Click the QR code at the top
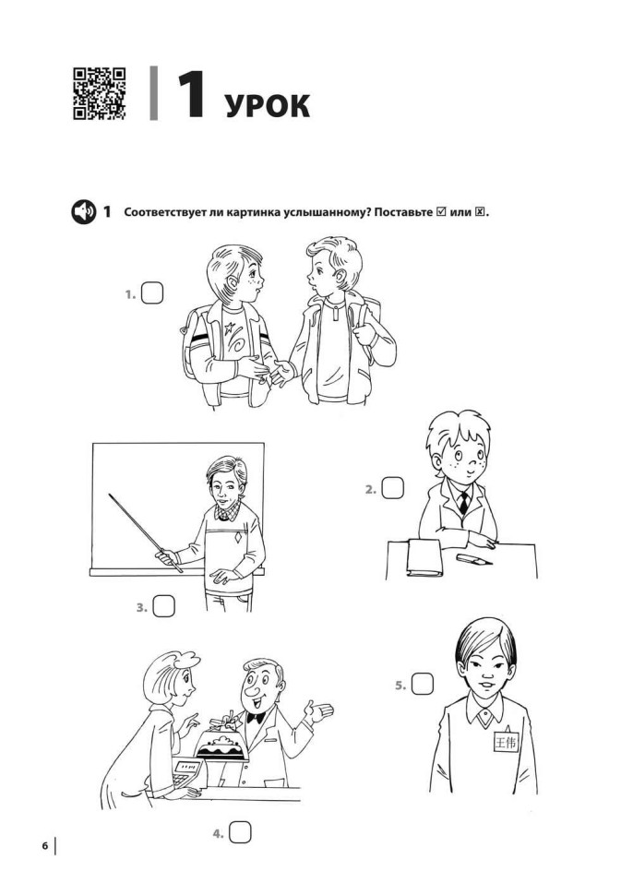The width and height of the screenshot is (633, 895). pyautogui.click(x=100, y=93)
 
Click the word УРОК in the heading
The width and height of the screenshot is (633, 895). pyautogui.click(x=267, y=106)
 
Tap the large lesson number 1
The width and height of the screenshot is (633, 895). pyautogui.click(x=189, y=95)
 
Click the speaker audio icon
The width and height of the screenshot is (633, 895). pyautogui.click(x=83, y=212)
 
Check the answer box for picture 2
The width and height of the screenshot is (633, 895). pyautogui.click(x=393, y=488)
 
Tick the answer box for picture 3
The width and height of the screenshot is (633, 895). pyautogui.click(x=163, y=606)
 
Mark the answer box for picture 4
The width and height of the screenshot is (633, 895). pyautogui.click(x=240, y=832)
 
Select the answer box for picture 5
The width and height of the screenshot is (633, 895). pyautogui.click(x=423, y=684)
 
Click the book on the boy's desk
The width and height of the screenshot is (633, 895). pyautogui.click(x=425, y=559)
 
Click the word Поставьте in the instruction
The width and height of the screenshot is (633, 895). pyautogui.click(x=394, y=212)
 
